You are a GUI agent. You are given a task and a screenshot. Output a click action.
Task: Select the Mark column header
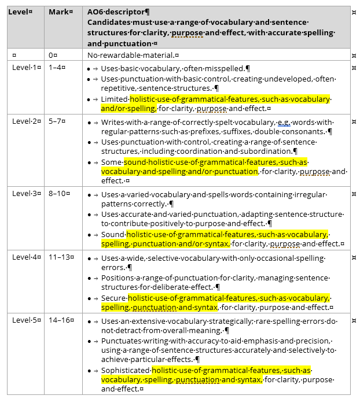click(x=60, y=12)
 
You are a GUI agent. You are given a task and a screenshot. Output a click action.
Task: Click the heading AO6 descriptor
click(x=117, y=12)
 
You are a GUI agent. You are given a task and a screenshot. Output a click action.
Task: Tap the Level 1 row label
click(x=26, y=68)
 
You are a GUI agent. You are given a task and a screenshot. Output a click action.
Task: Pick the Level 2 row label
click(x=26, y=122)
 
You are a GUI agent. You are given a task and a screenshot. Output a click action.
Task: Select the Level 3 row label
click(x=26, y=194)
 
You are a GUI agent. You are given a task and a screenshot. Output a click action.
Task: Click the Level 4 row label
click(x=26, y=257)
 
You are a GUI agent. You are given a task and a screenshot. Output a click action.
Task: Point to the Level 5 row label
click(x=26, y=321)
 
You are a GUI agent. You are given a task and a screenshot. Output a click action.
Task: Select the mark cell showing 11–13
click(x=60, y=257)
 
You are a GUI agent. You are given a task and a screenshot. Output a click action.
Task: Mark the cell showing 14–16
click(x=60, y=321)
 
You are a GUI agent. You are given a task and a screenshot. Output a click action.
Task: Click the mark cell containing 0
click(x=53, y=55)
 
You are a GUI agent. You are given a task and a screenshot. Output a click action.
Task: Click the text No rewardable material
click(x=131, y=55)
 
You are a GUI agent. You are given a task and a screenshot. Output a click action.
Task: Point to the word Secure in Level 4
click(x=113, y=298)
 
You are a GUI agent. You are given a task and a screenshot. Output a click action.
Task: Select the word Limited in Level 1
click(x=115, y=99)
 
